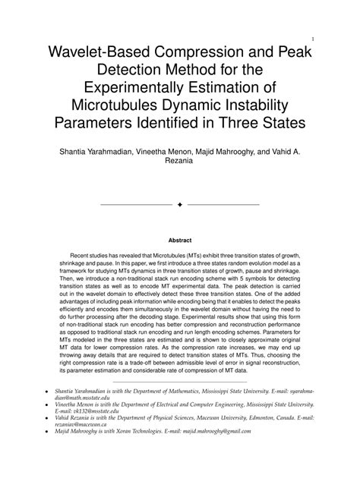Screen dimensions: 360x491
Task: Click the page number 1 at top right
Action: click(x=313, y=38)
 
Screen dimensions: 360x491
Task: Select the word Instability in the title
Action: click(x=263, y=105)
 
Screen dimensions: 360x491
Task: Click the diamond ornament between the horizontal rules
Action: click(x=180, y=205)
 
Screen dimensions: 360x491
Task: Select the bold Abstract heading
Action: click(x=179, y=241)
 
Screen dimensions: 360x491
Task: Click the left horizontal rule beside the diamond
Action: click(x=136, y=205)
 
